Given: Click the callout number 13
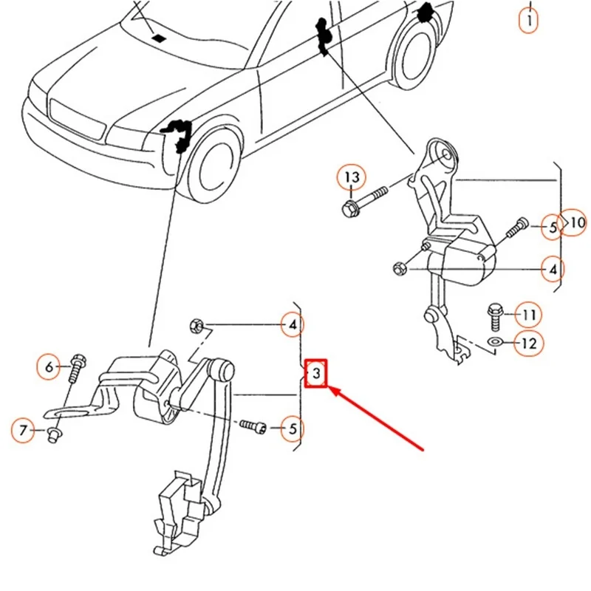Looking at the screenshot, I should click(352, 178).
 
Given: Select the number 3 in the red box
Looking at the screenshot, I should click(315, 374).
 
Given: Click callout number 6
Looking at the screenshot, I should click(50, 366).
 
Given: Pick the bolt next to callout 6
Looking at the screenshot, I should click(76, 368).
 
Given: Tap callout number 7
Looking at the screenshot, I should click(23, 429).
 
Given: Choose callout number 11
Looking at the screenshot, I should click(527, 316).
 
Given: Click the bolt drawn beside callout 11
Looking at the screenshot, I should click(495, 315).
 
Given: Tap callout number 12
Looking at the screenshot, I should click(527, 343).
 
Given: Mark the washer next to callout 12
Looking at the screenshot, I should click(496, 342).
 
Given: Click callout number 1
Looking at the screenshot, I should click(529, 19).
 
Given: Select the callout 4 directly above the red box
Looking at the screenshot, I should click(293, 324).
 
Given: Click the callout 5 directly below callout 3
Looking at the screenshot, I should click(293, 428).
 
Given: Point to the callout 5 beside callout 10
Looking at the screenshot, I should click(551, 228).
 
